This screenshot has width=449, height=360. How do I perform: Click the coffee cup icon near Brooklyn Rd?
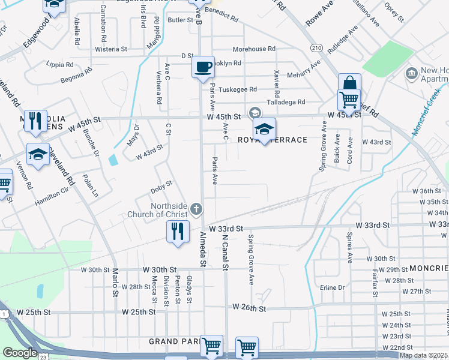[203, 66]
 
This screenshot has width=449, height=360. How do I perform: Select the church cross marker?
[196, 210]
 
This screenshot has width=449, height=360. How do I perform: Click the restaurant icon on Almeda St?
[178, 232]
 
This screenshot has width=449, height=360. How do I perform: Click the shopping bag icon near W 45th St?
[349, 84]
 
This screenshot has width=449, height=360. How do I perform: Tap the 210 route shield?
[316, 47]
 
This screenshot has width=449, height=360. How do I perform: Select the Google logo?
[20, 353]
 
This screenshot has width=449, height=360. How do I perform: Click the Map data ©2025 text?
[423, 355]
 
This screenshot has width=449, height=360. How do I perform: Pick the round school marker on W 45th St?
[255, 113]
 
